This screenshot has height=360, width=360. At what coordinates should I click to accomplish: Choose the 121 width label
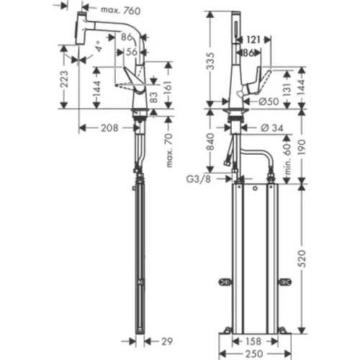click(x=254, y=40)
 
